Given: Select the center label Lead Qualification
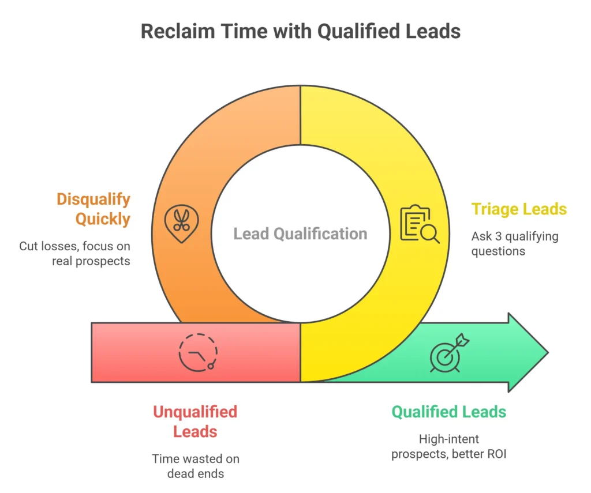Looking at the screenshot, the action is [300, 234].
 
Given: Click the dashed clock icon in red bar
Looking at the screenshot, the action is [198, 351].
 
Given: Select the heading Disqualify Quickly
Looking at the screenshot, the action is [93, 209].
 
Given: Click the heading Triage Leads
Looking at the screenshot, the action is [519, 209].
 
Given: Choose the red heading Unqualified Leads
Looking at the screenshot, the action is [194, 422].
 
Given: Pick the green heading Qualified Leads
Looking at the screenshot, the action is [448, 412].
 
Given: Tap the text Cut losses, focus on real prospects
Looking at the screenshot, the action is [74, 254].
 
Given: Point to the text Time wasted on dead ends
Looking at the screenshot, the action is [195, 466].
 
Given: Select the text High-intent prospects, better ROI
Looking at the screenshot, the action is [448, 446].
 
